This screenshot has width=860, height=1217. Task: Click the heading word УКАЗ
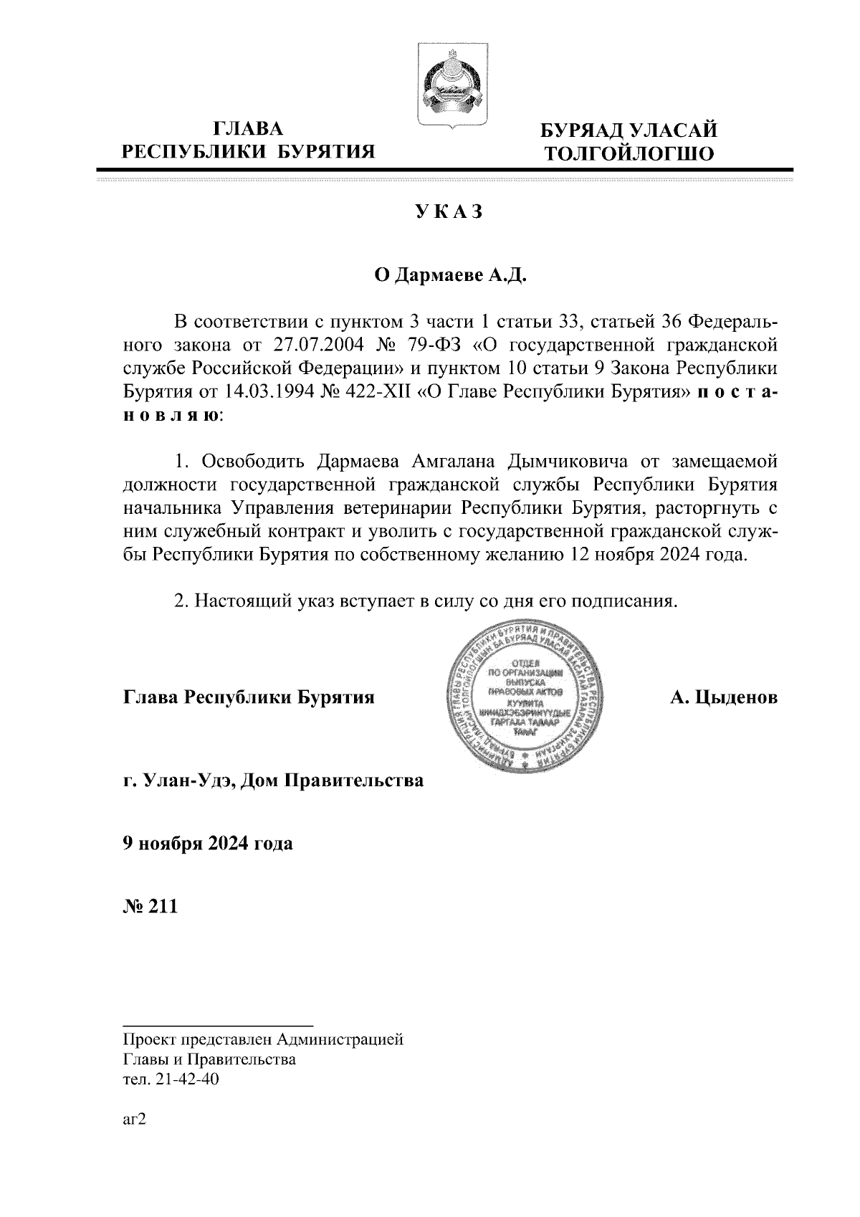[x=449, y=212]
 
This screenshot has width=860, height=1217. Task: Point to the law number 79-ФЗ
[x=440, y=344]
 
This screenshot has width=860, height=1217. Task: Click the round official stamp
[x=529, y=697]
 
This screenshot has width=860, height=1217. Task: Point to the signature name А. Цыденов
[x=723, y=697]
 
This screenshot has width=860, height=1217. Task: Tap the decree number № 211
[x=149, y=906]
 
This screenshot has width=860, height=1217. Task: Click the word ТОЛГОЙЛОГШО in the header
[x=629, y=153]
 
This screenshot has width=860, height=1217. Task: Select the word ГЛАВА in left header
[x=249, y=128]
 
